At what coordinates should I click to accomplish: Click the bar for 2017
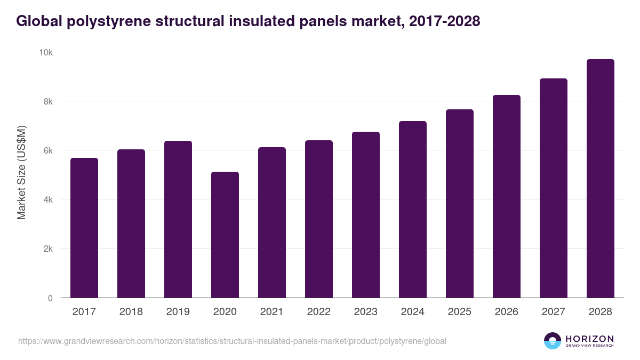point(84,228)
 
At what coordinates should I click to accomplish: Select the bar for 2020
point(225,235)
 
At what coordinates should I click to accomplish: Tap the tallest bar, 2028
point(601,179)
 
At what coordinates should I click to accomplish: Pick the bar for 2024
point(413,210)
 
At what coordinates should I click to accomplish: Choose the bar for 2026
point(507,196)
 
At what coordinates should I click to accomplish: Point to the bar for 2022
point(319,219)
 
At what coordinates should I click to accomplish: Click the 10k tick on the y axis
point(46,52)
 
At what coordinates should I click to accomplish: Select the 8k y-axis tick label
point(47,101)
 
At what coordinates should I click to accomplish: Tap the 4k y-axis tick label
point(47,199)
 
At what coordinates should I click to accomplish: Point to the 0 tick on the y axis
point(50,298)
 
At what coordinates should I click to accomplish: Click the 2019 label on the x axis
point(178,312)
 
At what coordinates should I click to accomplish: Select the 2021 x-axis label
point(272,312)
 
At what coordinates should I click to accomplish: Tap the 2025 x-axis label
point(460,312)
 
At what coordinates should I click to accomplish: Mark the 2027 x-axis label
point(554,312)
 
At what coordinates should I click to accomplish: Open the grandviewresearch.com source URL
point(232,341)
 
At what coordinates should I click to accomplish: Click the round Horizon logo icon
point(553,341)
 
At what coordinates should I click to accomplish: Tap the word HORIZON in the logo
point(589,338)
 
